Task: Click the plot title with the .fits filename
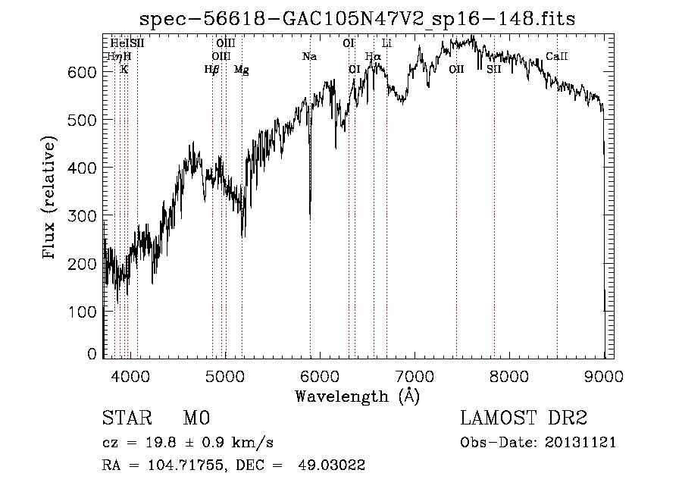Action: pos(358,18)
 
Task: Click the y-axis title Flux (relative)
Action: pos(50,199)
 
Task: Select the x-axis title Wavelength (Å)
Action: pos(357,396)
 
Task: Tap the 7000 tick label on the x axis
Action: pos(415,375)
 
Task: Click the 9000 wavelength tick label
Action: pos(603,375)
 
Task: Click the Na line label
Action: pos(309,56)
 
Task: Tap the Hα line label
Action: pos(373,56)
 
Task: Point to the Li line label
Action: pos(386,43)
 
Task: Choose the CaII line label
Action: pos(557,56)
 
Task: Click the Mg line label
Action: pos(241,69)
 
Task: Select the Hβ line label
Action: pos(211,69)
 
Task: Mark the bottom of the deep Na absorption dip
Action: pos(310,217)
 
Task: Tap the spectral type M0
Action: pos(196,418)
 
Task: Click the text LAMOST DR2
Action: pos(524,418)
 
